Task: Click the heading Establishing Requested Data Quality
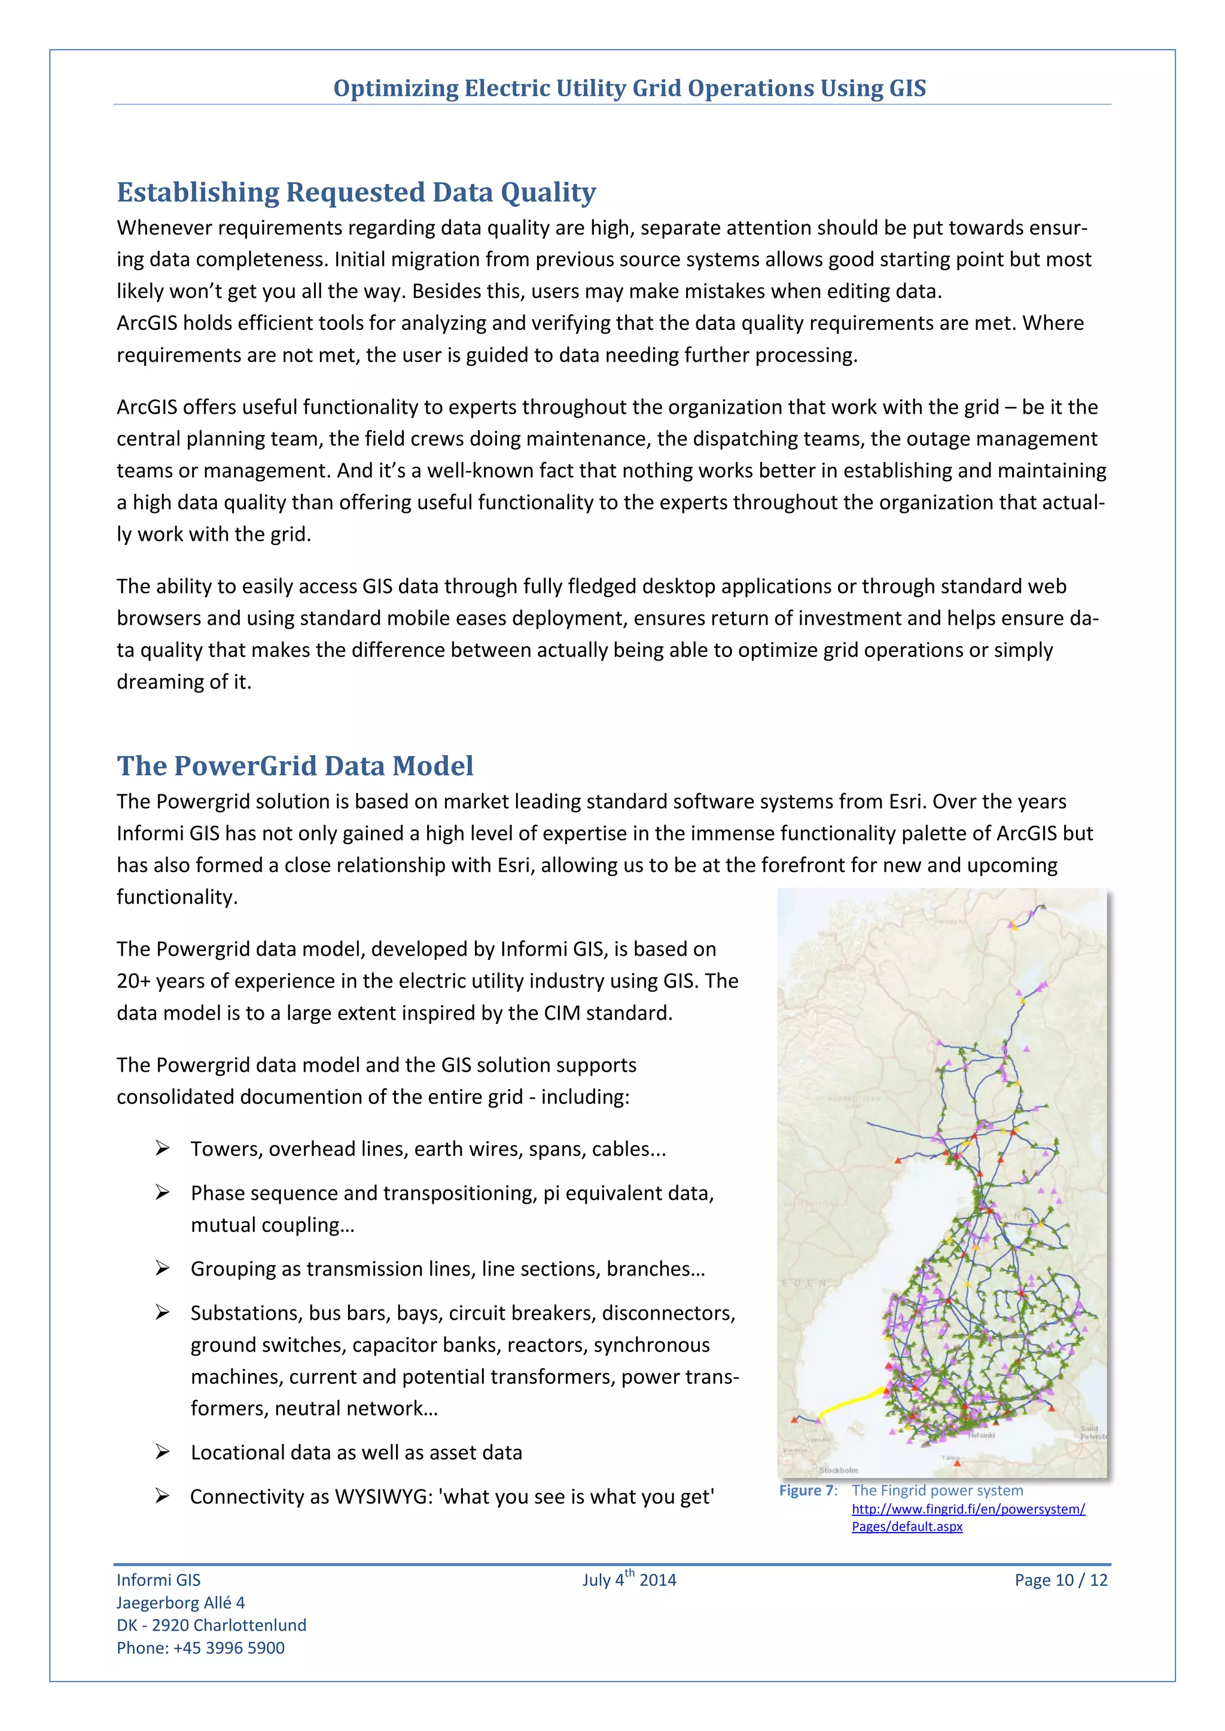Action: (356, 193)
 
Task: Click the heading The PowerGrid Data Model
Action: (295, 766)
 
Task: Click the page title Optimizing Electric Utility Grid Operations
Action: (629, 88)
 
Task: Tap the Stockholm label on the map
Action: (838, 1470)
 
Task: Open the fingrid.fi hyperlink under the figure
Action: (968, 1509)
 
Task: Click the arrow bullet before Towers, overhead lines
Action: (162, 1148)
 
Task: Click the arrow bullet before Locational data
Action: (162, 1452)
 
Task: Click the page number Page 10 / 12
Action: (1061, 1580)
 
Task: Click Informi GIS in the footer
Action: (159, 1580)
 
